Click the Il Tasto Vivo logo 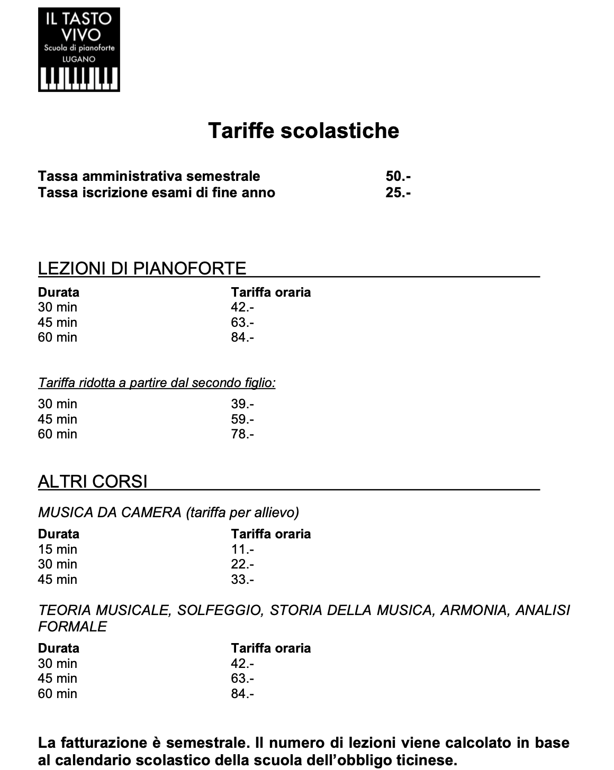pos(79,49)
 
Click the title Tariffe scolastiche pos(303,130)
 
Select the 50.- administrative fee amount pos(398,176)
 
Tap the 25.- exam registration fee pos(398,192)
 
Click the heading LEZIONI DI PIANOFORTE pos(142,269)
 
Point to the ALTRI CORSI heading pos(93,482)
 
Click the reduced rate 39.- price pos(242,404)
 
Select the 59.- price pos(242,419)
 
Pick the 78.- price pos(242,434)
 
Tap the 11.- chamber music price pos(242,549)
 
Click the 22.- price pos(242,564)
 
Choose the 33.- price pos(242,580)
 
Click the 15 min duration pos(57,549)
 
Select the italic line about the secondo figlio pos(157,382)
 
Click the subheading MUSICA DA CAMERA pos(110,512)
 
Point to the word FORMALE pos(73,627)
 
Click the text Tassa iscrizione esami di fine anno pos(157,192)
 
